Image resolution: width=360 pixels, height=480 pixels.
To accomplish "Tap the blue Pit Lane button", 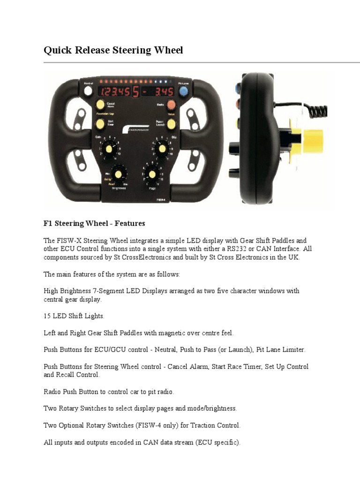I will tap(184, 90).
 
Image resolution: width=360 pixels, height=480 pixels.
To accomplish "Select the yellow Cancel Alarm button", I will tap(100, 105).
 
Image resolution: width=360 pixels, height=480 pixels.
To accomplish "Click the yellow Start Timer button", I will tap(100, 124).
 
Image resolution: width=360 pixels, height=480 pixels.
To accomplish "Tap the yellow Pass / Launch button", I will tap(172, 124).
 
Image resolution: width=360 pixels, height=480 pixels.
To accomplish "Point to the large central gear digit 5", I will tap(136, 91).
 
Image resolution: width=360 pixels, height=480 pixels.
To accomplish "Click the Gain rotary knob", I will tap(109, 149).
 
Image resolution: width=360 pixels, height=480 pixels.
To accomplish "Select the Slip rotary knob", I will tap(162, 149).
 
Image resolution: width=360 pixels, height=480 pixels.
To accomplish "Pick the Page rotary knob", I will tap(151, 174).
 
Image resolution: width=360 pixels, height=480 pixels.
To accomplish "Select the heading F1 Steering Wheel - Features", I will tap(94, 224).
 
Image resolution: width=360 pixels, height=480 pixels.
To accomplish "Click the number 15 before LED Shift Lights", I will tap(47, 316).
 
